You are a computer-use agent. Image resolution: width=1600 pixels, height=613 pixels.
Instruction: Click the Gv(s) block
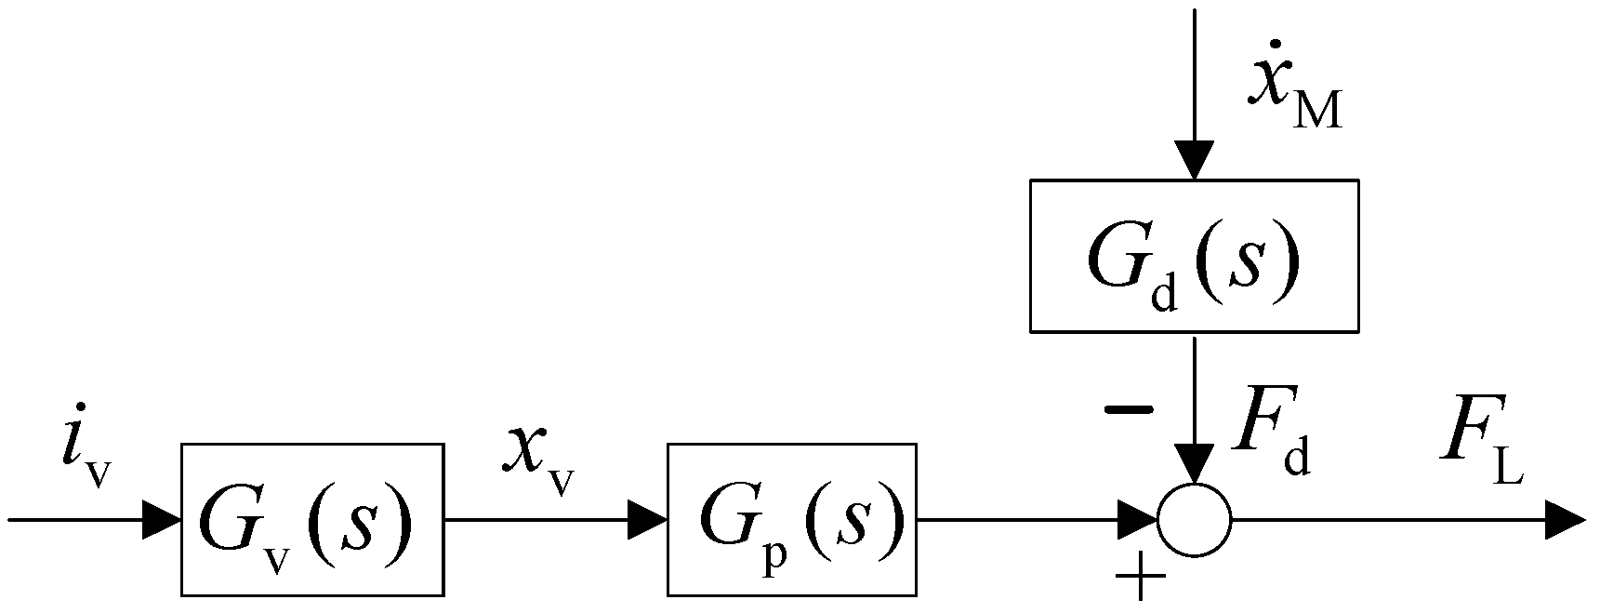[x=311, y=519]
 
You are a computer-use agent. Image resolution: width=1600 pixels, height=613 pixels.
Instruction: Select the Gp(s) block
[x=791, y=519]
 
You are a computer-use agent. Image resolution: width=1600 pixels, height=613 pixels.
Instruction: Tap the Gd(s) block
[x=1194, y=256]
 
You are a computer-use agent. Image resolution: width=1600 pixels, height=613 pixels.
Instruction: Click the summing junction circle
[x=1195, y=520]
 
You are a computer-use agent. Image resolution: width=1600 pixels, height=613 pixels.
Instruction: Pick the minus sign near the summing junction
[x=1128, y=409]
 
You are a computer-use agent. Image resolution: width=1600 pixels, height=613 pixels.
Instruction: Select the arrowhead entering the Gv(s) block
[x=162, y=520]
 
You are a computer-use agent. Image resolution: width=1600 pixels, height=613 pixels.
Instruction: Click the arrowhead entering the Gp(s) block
[x=648, y=520]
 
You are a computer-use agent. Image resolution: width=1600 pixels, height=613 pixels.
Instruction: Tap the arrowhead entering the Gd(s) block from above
[x=1195, y=160]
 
